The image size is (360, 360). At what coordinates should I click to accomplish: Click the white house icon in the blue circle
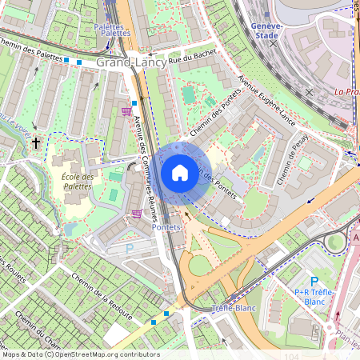click(x=180, y=172)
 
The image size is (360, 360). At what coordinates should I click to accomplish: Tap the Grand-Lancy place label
click(x=131, y=62)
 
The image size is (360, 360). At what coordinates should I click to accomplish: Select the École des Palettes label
click(x=78, y=182)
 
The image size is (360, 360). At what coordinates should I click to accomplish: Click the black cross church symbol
click(x=35, y=143)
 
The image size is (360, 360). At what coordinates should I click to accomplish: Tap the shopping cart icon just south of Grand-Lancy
click(x=126, y=111)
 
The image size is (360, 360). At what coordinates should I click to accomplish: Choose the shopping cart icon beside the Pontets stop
click(x=137, y=214)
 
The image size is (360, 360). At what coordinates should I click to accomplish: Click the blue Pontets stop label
click(x=166, y=227)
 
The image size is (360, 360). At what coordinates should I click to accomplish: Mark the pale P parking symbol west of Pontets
click(x=130, y=249)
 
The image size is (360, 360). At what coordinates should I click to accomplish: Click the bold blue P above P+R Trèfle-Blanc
click(x=314, y=281)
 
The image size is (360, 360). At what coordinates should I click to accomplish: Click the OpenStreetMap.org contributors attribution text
click(x=107, y=354)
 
